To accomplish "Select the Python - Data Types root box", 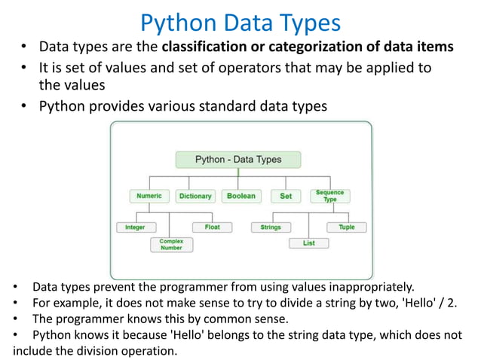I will coord(238,160).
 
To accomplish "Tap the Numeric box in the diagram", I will coord(149,196).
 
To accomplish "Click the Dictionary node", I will coord(195,196).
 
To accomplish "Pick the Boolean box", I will coord(240,196).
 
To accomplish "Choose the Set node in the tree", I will coord(286,196).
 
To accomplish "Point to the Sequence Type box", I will coord(329,196).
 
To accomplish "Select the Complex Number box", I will coord(171,244).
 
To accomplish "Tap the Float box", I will coord(213,227).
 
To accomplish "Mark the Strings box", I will coord(271,227).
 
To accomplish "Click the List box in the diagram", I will coord(308,243).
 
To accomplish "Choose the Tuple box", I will coord(346,227).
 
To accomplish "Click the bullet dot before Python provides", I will coord(25,106).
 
